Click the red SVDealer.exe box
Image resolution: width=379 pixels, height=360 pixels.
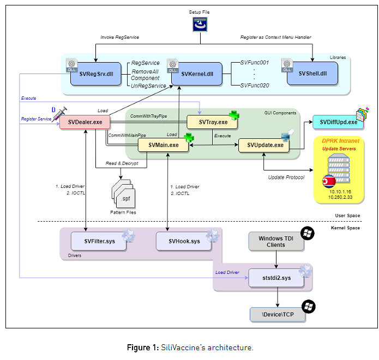[85, 122]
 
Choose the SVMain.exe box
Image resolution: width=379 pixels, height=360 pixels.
[163, 145]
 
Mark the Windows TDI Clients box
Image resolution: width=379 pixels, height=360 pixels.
[276, 241]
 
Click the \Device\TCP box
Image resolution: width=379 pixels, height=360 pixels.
[278, 314]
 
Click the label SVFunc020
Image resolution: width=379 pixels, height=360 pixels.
[255, 84]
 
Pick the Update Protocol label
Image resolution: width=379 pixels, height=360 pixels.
[287, 177]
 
